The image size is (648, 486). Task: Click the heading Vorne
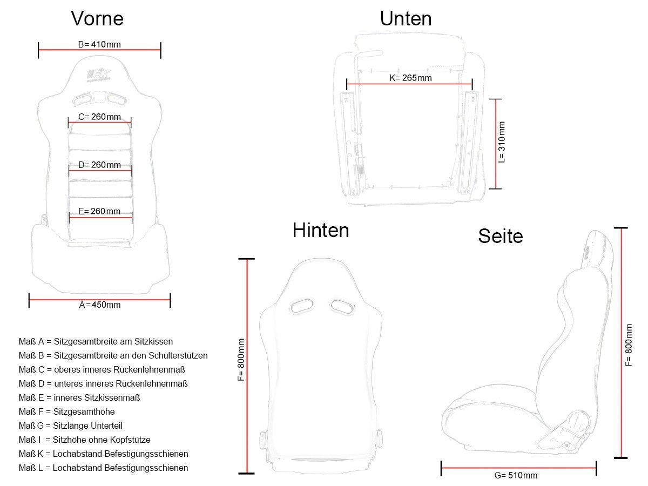(97, 18)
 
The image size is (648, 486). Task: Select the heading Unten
(406, 18)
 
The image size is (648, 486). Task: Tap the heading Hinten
(321, 230)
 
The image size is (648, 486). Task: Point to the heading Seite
(501, 236)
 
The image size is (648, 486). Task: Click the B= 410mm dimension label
(99, 45)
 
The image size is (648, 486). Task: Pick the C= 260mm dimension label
(99, 117)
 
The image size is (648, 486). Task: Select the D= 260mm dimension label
(99, 165)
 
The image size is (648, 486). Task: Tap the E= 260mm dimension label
(99, 211)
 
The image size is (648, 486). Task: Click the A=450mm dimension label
(100, 305)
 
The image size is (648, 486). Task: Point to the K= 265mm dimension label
(410, 78)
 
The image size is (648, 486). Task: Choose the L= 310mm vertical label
(502, 142)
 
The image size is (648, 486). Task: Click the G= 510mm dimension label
(516, 475)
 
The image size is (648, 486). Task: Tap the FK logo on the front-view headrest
(99, 75)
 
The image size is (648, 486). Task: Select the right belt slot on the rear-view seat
(342, 306)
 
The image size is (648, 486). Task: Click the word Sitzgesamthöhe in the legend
(84, 411)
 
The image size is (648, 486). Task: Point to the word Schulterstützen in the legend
(174, 355)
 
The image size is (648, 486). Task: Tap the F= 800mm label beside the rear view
(241, 360)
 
